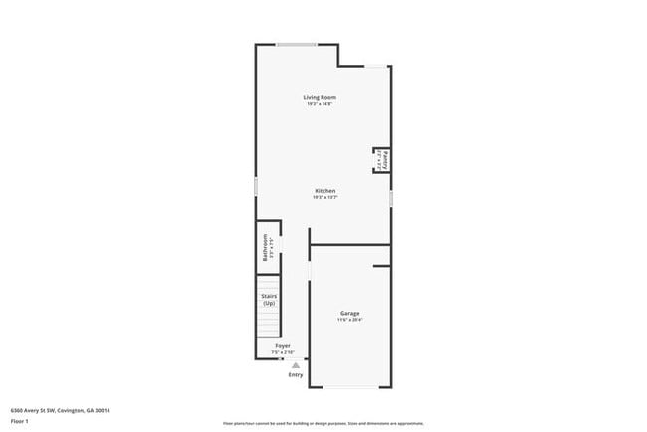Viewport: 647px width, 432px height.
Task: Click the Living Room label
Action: coord(320,97)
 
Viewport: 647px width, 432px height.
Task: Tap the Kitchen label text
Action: coord(325,190)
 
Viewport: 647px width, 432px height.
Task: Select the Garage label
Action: coord(349,313)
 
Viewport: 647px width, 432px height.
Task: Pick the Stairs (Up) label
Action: coord(269,299)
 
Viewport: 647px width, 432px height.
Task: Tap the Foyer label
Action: coord(283,345)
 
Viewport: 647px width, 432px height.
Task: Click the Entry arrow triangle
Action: coord(295,365)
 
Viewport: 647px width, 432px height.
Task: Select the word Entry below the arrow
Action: coord(296,375)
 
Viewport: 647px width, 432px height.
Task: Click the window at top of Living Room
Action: coord(297,44)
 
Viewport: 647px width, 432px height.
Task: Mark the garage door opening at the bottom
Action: coord(349,387)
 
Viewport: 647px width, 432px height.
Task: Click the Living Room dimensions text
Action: coord(320,104)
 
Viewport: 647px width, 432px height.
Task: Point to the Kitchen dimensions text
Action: coord(325,197)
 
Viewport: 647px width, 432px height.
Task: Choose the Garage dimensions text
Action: coord(349,320)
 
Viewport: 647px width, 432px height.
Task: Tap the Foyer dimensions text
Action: coord(283,352)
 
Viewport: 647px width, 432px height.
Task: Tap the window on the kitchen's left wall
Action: coord(256,187)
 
